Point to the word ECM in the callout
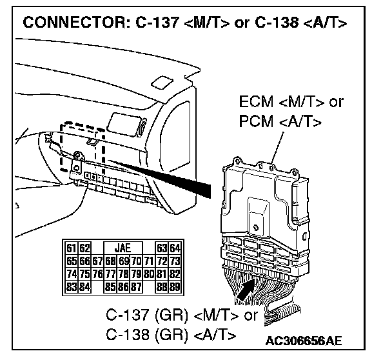pyautogui.click(x=255, y=103)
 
